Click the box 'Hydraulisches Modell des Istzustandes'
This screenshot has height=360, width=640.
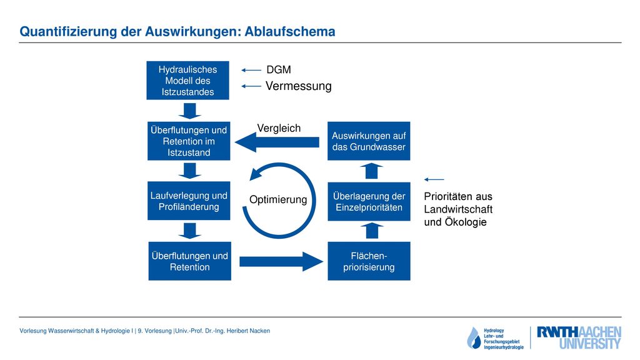(187, 81)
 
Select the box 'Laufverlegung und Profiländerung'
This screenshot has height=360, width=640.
(189, 201)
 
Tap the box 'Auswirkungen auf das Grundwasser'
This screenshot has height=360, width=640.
(369, 141)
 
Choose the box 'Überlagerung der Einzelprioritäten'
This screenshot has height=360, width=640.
(369, 202)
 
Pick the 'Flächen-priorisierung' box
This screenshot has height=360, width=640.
(369, 261)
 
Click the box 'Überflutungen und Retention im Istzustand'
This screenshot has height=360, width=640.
(189, 141)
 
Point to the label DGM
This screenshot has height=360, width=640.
(279, 70)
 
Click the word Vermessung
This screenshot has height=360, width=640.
(298, 86)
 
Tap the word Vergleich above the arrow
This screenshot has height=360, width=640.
(279, 128)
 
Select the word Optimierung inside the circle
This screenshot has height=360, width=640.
(278, 199)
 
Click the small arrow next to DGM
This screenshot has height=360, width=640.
(251, 70)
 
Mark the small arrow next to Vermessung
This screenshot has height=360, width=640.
(251, 86)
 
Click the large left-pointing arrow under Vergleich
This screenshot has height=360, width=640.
(277, 142)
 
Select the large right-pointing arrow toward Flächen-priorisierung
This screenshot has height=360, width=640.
(281, 262)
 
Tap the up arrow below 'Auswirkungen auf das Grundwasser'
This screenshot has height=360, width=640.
(371, 171)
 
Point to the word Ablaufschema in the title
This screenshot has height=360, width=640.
(290, 31)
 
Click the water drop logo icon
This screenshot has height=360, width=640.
(474, 338)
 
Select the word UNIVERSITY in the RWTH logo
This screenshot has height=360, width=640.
(590, 344)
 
